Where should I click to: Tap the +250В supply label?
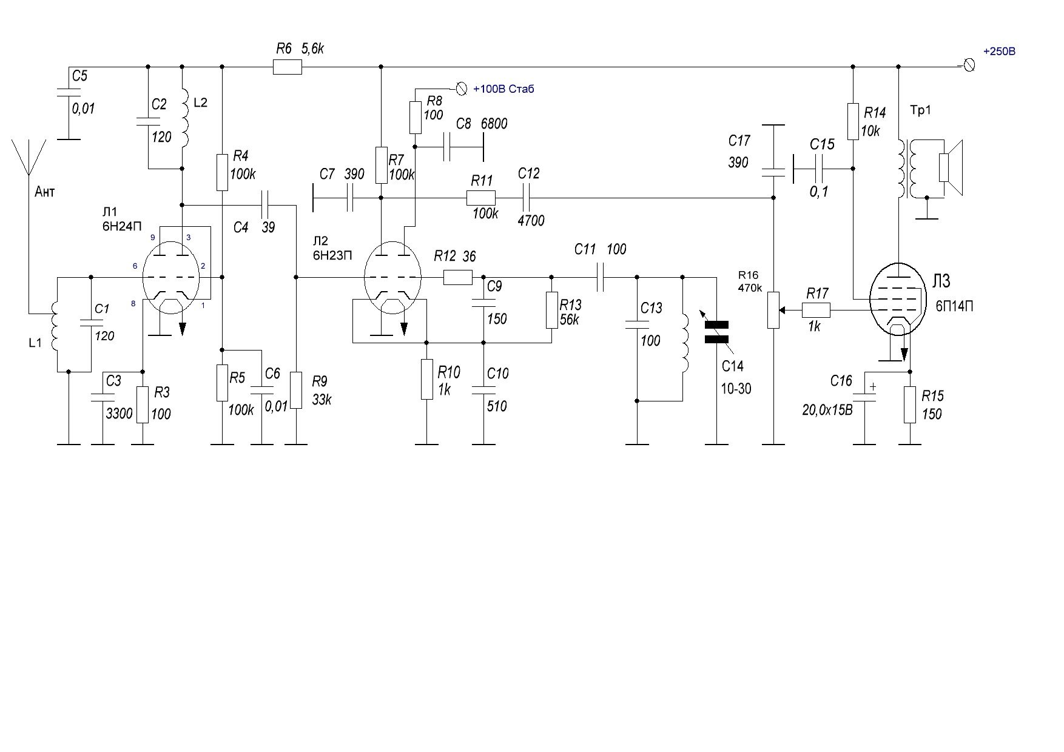[x=999, y=52]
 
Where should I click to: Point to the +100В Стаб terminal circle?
[x=462, y=89]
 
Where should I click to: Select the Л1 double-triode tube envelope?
[x=172, y=277]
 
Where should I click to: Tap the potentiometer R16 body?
[x=773, y=310]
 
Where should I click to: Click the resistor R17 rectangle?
[x=817, y=311]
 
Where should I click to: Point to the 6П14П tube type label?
[x=954, y=307]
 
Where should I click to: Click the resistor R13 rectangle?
[x=551, y=310]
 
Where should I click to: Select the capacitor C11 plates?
[x=601, y=277]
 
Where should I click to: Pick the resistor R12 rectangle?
[x=458, y=277]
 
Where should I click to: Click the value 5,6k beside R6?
[x=312, y=49]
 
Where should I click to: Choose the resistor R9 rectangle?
[x=296, y=390]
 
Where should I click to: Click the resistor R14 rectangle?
[x=853, y=121]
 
